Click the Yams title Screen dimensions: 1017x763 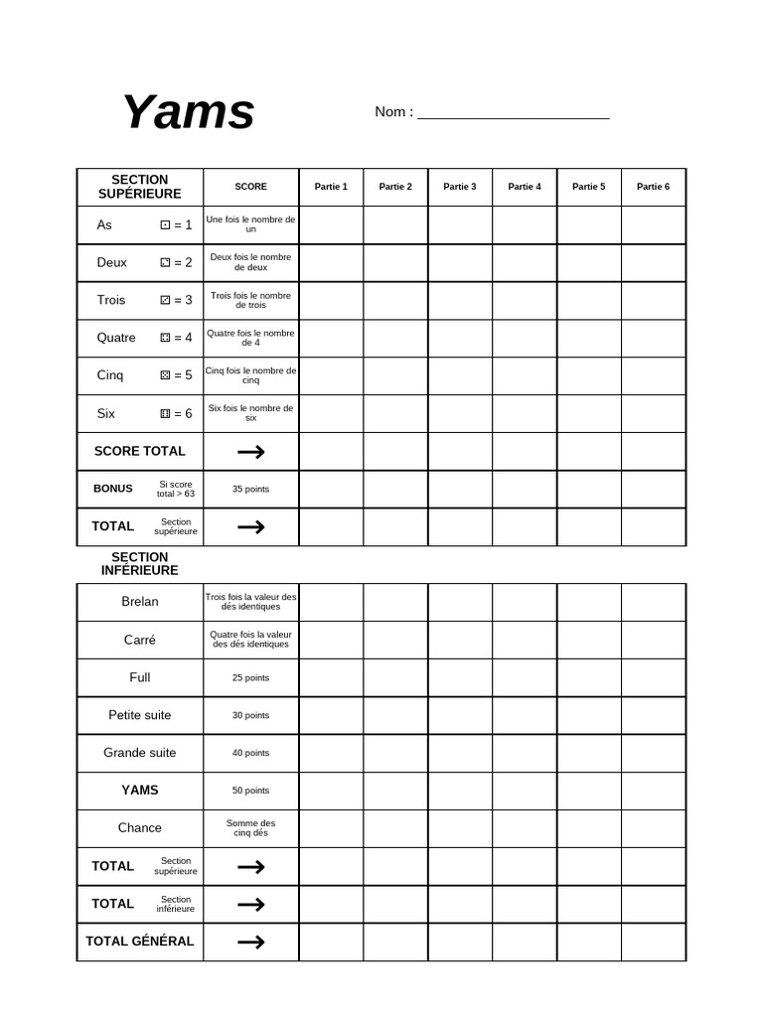[x=188, y=111]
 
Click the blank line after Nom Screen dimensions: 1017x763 [x=513, y=113]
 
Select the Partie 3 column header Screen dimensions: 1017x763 [x=460, y=187]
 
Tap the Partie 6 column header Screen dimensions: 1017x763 [x=653, y=187]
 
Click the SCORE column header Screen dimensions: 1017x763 [x=250, y=187]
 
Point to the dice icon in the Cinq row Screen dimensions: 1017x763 [x=165, y=375]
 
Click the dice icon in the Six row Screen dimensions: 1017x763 [x=165, y=413]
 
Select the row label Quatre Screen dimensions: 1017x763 [x=116, y=338]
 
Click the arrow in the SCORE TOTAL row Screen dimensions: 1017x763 [x=251, y=452]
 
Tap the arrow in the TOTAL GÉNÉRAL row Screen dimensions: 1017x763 [x=251, y=942]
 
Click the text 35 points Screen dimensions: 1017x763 [x=250, y=489]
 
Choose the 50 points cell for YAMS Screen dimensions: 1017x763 [x=250, y=791]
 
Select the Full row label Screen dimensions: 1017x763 [x=140, y=677]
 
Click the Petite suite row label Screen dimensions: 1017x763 [x=140, y=715]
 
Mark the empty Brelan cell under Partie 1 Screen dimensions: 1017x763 [x=331, y=602]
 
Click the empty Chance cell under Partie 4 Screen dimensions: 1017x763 [x=525, y=828]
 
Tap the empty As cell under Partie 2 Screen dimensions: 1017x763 [x=395, y=225]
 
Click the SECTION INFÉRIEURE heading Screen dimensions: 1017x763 [x=140, y=564]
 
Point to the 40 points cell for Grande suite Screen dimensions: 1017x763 [x=250, y=753]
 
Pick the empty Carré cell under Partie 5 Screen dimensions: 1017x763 [x=589, y=640]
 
